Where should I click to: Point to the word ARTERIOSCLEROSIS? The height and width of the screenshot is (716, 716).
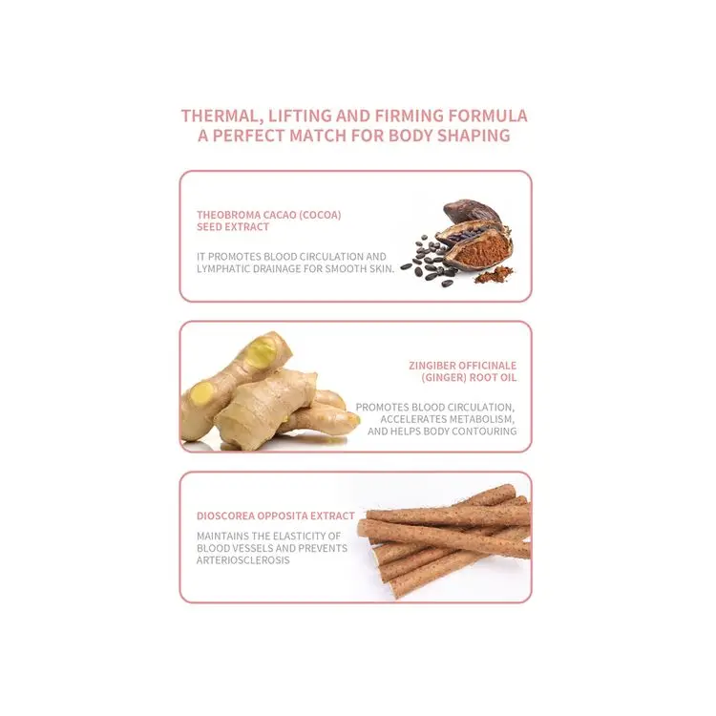[243, 560]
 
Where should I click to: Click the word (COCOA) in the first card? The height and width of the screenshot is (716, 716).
[321, 215]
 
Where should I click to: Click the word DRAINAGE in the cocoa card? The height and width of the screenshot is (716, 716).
[299, 268]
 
